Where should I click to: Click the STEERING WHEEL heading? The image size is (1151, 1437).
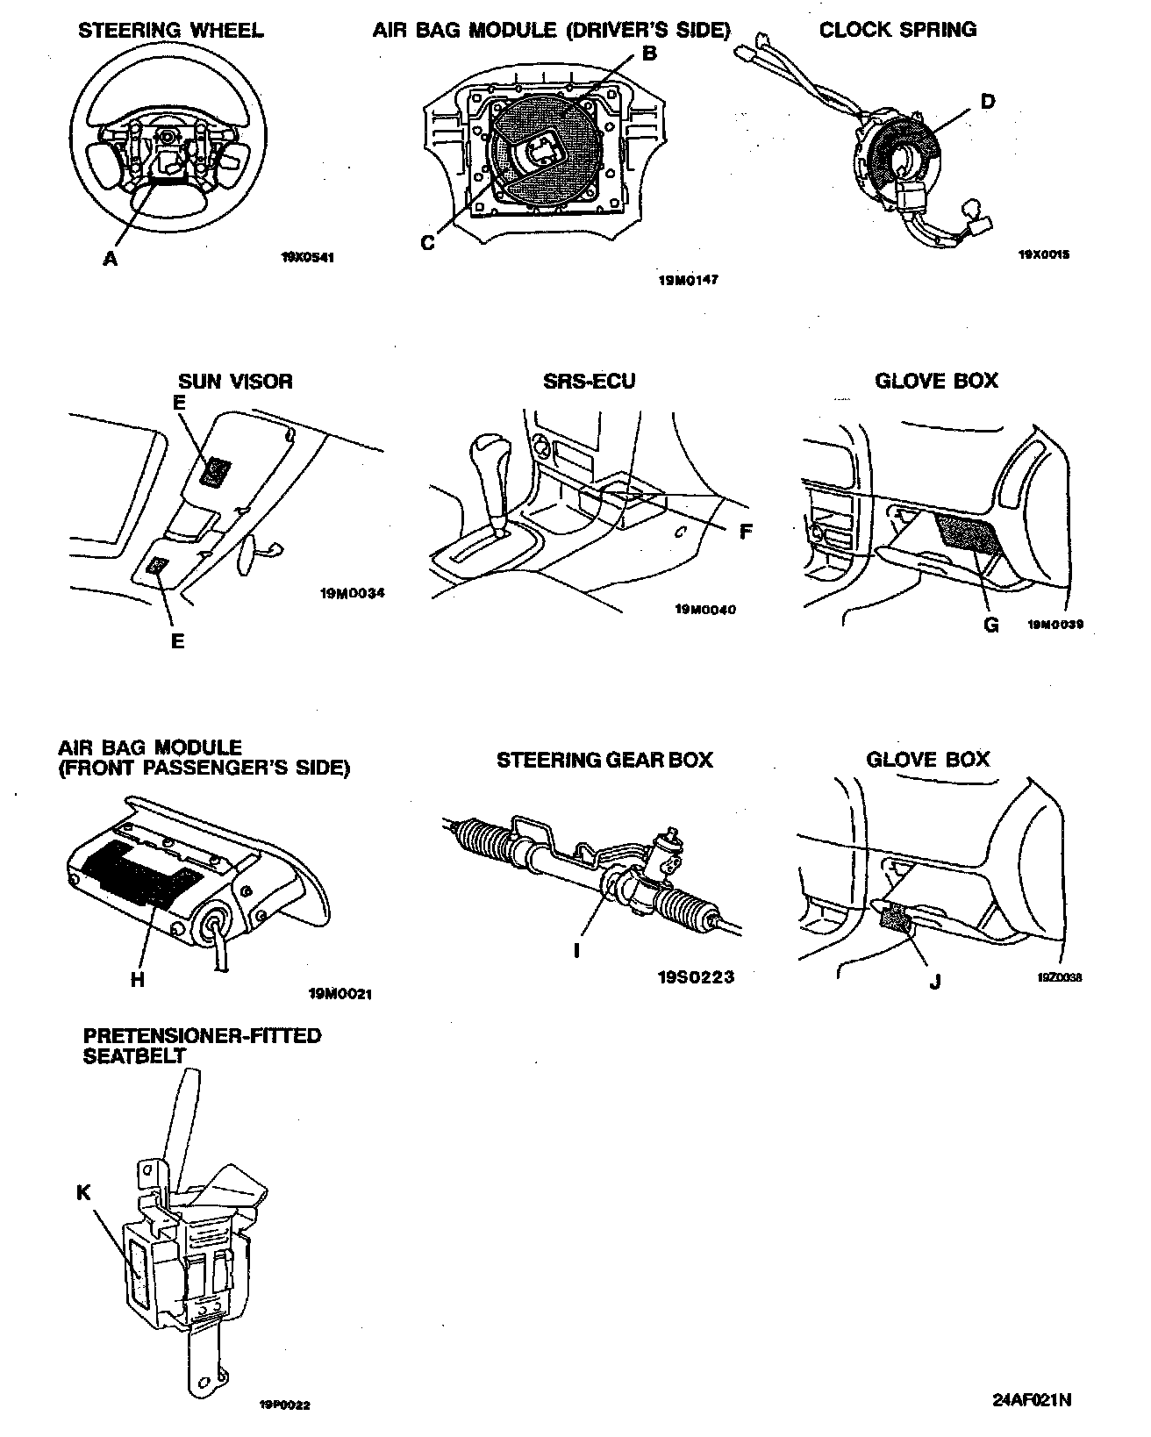[x=170, y=31]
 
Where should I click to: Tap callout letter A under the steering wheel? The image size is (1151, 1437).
[x=110, y=259]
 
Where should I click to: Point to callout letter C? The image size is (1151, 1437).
[x=427, y=243]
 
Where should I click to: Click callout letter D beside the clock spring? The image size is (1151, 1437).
[x=987, y=101]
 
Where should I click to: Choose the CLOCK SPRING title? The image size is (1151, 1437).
[x=897, y=30]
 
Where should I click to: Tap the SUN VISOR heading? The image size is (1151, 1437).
[x=235, y=381]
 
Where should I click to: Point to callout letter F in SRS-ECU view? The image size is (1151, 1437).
[x=746, y=532]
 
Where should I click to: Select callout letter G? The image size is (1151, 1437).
[x=991, y=625]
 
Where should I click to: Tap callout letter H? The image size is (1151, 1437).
[x=137, y=980]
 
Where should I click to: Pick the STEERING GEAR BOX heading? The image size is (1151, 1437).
[x=604, y=760]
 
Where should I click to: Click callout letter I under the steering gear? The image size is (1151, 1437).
[x=576, y=950]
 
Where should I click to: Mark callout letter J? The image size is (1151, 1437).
[x=934, y=983]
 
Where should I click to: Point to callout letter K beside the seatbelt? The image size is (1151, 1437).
[x=83, y=1192]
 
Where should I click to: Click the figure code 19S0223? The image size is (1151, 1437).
[x=696, y=976]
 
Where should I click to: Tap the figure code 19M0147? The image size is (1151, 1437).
[x=689, y=282]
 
